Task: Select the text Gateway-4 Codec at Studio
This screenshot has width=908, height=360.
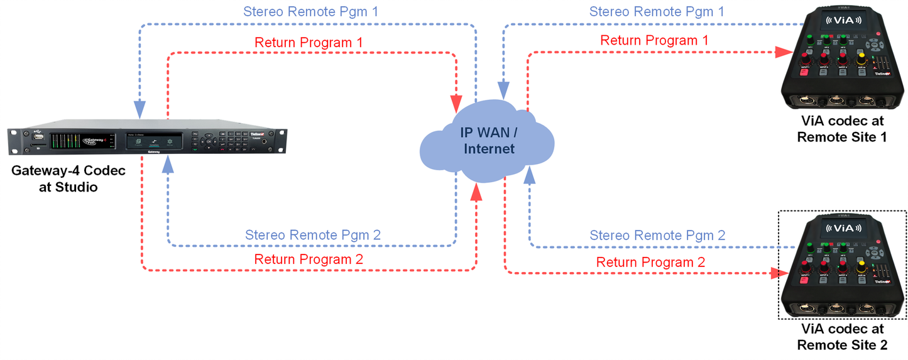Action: (68, 178)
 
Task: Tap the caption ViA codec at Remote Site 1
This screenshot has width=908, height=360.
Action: (842, 129)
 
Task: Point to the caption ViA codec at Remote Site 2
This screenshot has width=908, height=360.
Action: (842, 337)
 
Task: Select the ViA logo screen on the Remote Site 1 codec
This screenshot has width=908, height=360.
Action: (843, 20)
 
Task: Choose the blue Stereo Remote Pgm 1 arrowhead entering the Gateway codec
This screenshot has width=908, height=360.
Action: (139, 109)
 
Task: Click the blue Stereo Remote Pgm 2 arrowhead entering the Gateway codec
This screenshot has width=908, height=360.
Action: (168, 164)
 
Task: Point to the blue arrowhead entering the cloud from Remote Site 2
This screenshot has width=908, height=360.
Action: (530, 175)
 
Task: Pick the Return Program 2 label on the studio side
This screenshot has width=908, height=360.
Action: (309, 259)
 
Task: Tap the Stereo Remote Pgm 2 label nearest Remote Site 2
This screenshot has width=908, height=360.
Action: (657, 236)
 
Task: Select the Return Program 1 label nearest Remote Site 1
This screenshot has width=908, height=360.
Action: (654, 40)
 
